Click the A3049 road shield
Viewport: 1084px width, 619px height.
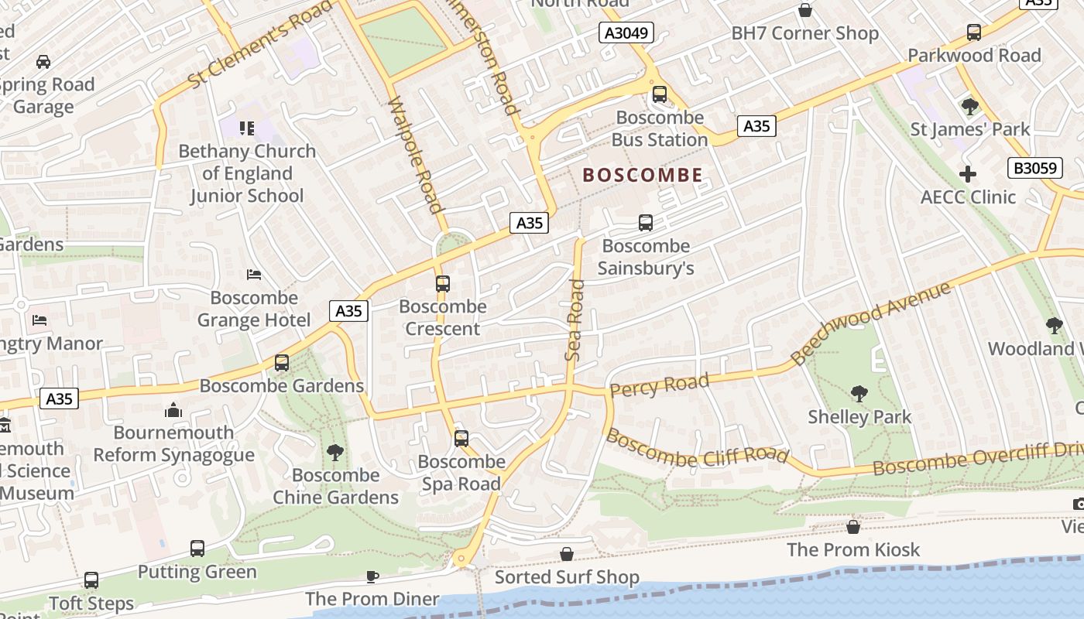click(x=626, y=32)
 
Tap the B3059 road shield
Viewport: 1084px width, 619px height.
click(x=1034, y=167)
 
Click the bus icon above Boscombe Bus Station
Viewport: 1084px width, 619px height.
click(x=659, y=94)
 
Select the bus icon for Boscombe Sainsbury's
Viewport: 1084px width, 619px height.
click(x=645, y=223)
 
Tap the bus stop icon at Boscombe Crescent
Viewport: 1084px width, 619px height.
click(x=442, y=283)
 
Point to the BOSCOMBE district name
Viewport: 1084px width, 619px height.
click(x=643, y=175)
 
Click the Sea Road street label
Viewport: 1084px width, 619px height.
click(x=575, y=320)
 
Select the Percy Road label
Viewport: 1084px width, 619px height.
click(x=659, y=385)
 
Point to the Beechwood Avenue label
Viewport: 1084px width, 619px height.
click(x=870, y=323)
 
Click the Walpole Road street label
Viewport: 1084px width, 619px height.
click(x=416, y=155)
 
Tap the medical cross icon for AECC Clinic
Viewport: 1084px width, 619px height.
click(x=967, y=174)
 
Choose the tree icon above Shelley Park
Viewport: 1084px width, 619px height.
click(x=859, y=393)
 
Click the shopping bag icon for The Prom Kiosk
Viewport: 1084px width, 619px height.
click(x=852, y=527)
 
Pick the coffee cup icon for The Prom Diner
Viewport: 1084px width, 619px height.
click(x=372, y=576)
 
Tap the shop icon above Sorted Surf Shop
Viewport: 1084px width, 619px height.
click(x=567, y=554)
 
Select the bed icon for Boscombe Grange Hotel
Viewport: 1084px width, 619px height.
click(x=253, y=274)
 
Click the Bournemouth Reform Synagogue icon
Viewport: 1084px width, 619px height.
click(x=173, y=409)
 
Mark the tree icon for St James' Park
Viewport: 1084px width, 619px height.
click(x=969, y=106)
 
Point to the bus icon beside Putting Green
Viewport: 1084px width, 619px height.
click(x=197, y=549)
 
